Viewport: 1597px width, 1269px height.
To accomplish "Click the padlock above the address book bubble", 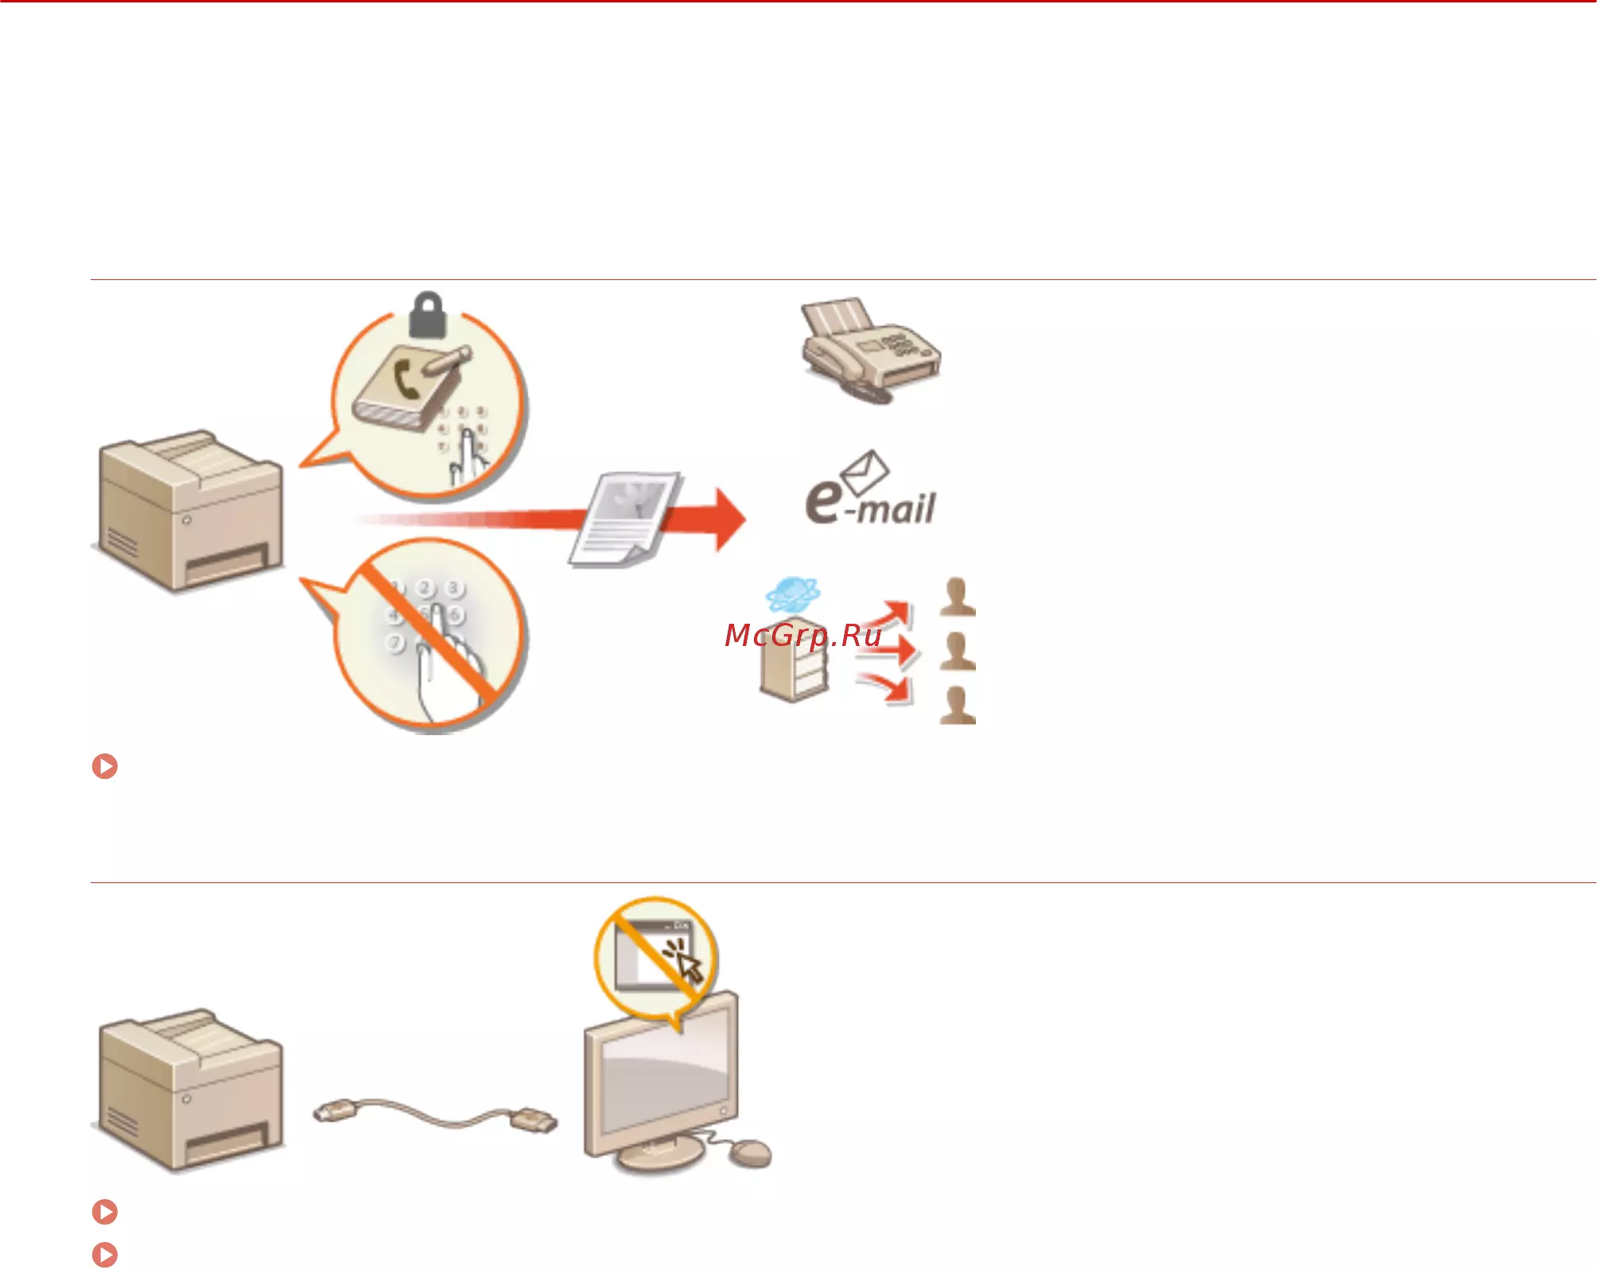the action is [x=427, y=315].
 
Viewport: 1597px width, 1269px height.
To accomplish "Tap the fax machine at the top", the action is [x=870, y=351].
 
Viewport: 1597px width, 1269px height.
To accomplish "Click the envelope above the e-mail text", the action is [x=865, y=471].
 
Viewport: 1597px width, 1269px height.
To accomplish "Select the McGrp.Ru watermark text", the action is [x=803, y=636].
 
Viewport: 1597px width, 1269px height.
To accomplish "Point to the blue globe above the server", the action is [x=792, y=595].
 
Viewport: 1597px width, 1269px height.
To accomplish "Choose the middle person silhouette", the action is [x=957, y=652].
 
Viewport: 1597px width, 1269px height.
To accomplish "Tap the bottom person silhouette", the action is [x=957, y=705].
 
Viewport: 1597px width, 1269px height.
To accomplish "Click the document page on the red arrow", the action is [x=626, y=519].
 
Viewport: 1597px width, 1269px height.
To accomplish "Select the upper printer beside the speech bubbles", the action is [x=189, y=511].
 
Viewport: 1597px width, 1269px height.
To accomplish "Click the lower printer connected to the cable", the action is [x=189, y=1091].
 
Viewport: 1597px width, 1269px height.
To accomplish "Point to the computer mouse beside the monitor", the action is [x=750, y=1153].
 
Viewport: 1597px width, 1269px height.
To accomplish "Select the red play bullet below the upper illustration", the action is [x=105, y=766].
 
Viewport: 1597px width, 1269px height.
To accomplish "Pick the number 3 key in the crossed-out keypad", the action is [x=453, y=588].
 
